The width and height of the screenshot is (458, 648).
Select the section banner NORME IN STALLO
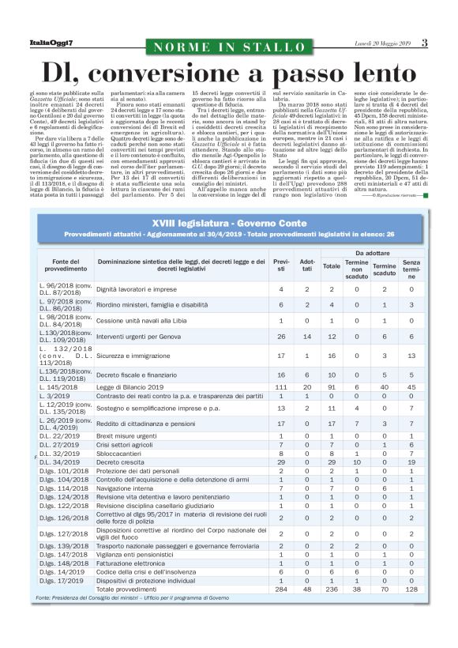228,47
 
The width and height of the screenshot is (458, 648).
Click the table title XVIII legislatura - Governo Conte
228,224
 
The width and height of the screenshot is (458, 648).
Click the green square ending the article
425,194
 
